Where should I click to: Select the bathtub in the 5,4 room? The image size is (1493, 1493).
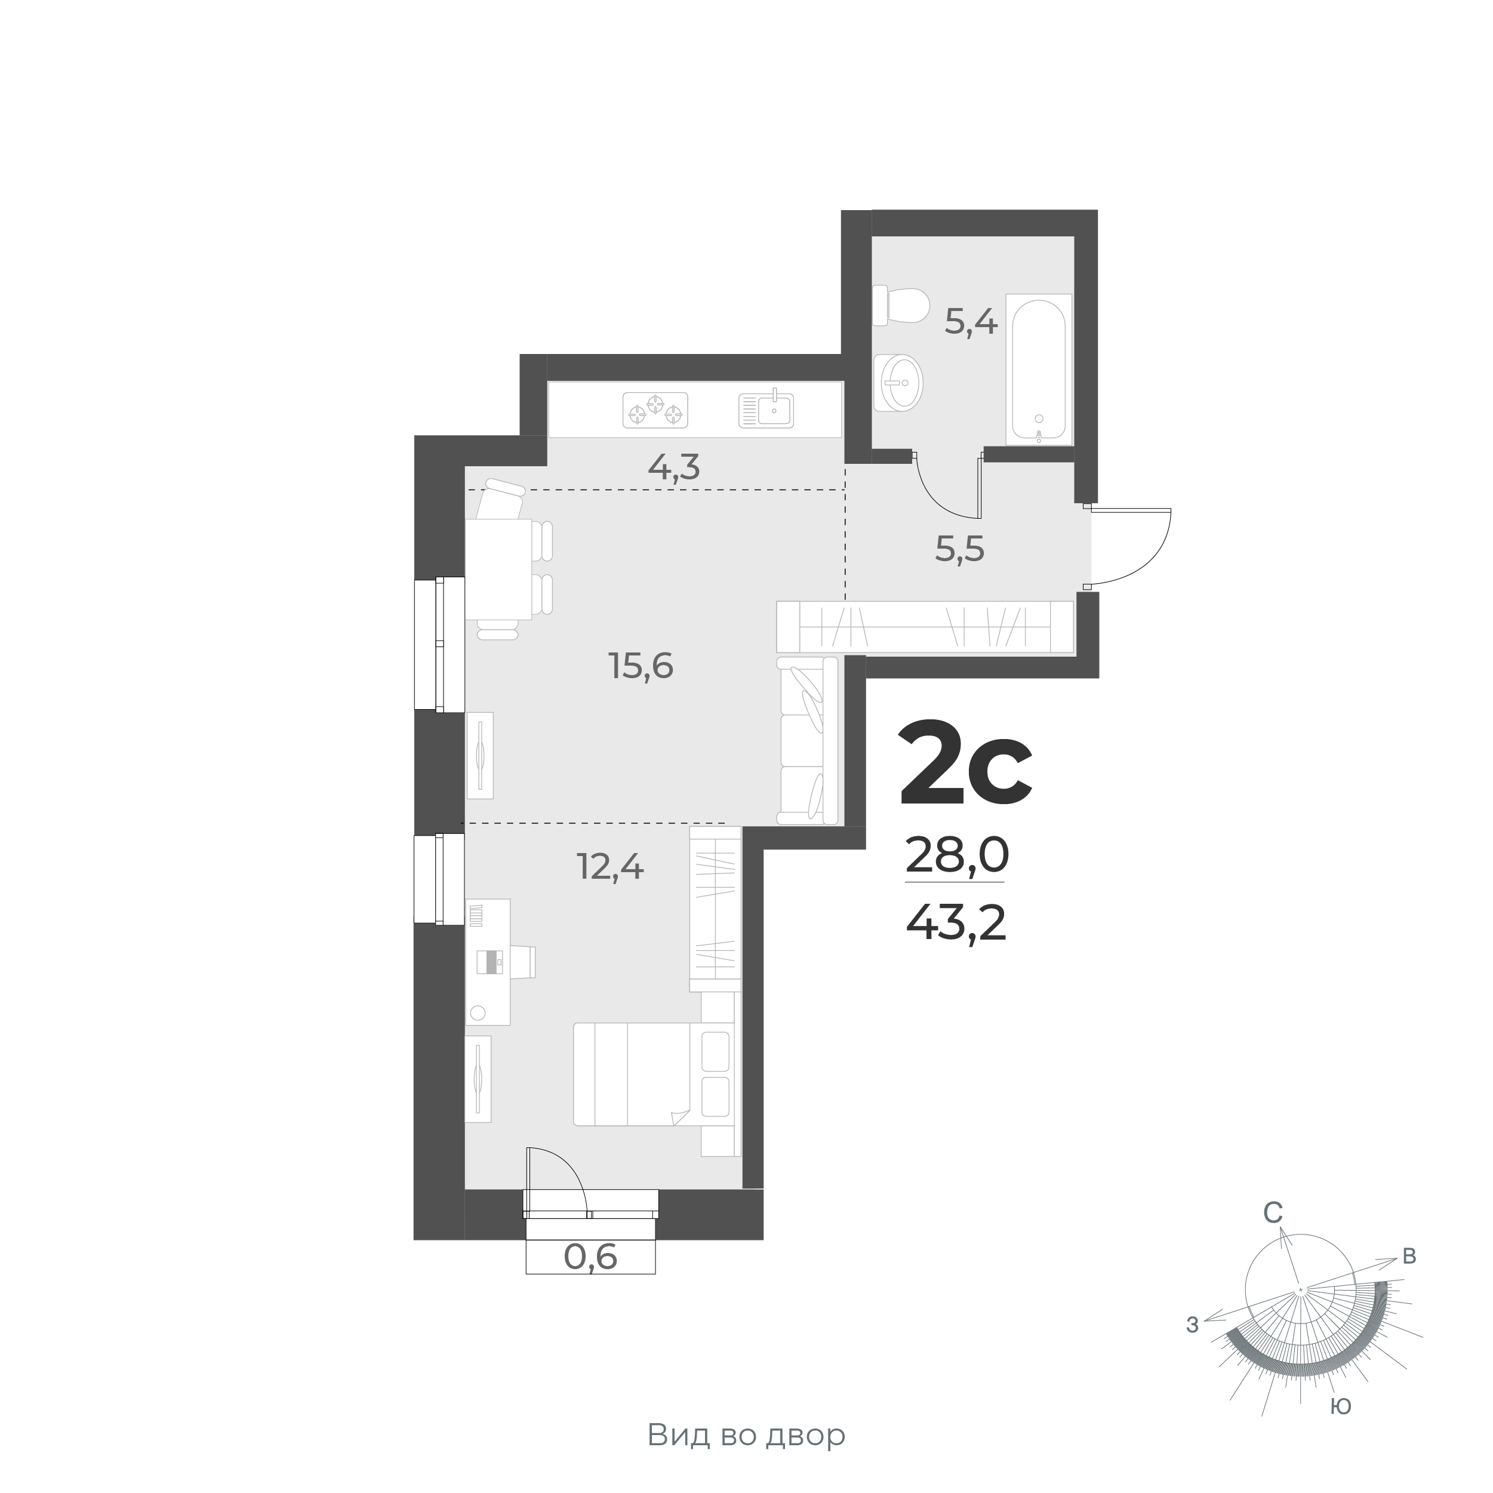[1039, 370]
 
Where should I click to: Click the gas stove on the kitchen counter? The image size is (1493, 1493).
[655, 410]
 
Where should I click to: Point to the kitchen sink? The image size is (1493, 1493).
[766, 410]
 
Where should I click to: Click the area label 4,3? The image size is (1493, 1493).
[674, 467]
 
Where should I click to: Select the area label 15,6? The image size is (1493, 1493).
[641, 666]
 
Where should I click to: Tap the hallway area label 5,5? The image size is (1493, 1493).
[960, 549]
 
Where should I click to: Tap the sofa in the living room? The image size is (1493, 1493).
[808, 740]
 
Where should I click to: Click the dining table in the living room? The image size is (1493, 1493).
[498, 569]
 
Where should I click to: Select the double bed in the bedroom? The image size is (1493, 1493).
[651, 1074]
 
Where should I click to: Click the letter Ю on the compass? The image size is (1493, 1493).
[1341, 1406]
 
